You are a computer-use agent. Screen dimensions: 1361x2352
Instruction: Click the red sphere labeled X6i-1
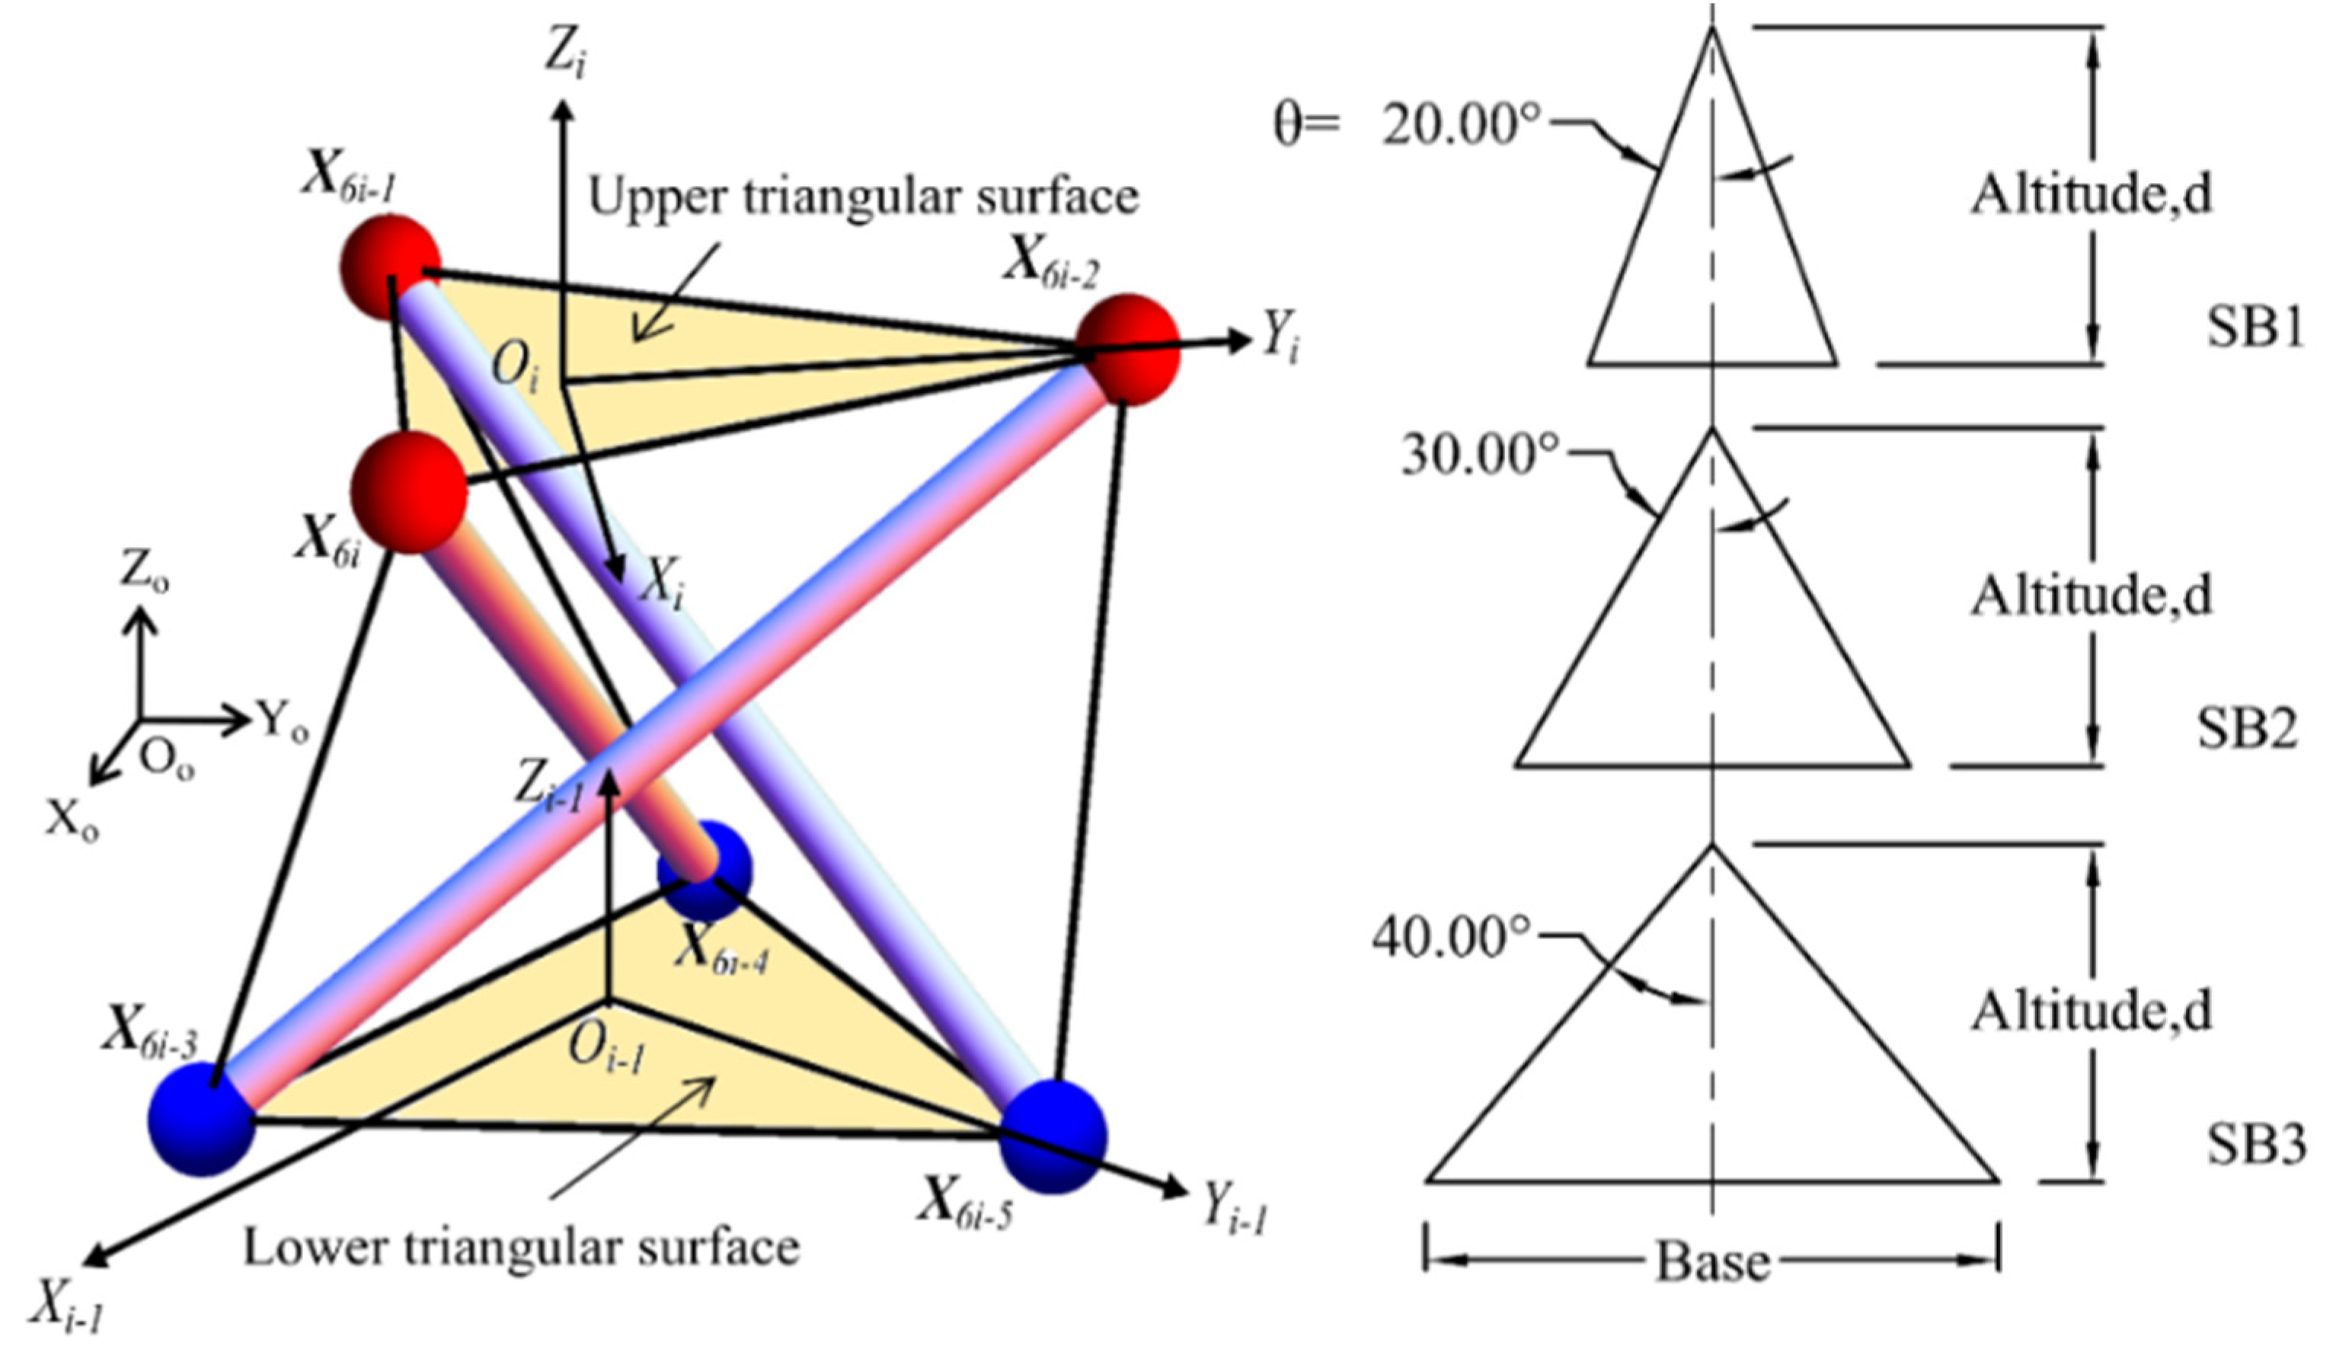[x=389, y=266]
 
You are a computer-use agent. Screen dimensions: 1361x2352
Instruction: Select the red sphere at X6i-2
[x=1127, y=348]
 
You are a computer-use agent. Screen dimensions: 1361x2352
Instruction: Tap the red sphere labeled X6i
[x=407, y=491]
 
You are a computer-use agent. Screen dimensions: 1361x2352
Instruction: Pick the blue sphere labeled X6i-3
[x=200, y=1120]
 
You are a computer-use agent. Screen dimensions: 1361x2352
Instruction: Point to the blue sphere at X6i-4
[x=705, y=870]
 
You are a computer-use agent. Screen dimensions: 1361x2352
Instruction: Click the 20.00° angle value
[x=1461, y=124]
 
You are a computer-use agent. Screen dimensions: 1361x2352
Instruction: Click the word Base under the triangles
[x=1713, y=1262]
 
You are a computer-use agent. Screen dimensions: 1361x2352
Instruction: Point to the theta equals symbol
[x=1307, y=124]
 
